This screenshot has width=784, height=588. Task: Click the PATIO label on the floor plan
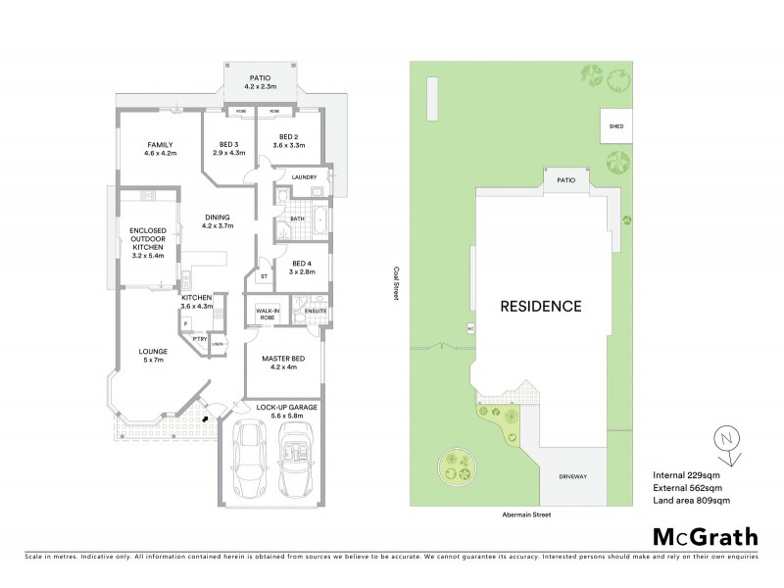(x=259, y=76)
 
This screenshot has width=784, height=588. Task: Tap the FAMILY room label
(x=160, y=145)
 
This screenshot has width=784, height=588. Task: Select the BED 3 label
(x=231, y=145)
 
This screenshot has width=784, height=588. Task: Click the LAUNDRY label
(x=305, y=176)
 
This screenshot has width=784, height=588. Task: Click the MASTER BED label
(x=284, y=359)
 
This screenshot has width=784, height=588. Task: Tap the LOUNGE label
(x=153, y=351)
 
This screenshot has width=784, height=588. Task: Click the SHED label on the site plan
(x=615, y=126)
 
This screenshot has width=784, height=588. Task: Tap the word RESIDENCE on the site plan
(x=542, y=306)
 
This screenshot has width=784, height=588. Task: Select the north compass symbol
(x=726, y=442)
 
